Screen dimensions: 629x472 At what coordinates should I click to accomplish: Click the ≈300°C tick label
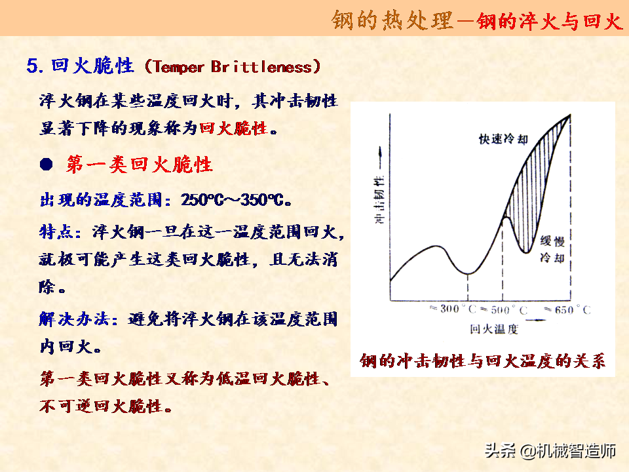(x=453, y=309)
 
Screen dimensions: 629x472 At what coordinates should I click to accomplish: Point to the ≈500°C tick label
(x=504, y=310)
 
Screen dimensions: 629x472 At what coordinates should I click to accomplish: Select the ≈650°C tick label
(x=567, y=310)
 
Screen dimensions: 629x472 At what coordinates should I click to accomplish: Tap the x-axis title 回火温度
(x=494, y=329)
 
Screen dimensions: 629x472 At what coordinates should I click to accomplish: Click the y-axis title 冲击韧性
(x=379, y=199)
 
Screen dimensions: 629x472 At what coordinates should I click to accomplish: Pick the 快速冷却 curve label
(x=503, y=139)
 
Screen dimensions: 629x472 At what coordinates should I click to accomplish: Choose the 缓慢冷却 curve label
(x=552, y=249)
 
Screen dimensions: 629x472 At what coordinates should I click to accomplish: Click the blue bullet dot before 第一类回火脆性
(x=47, y=164)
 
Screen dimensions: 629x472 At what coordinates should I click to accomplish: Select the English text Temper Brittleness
(x=232, y=67)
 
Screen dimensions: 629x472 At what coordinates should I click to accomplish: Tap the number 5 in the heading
(x=33, y=66)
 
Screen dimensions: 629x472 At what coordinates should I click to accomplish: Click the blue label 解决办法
(x=74, y=319)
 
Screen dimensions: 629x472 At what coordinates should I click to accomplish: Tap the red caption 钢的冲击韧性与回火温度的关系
(x=483, y=361)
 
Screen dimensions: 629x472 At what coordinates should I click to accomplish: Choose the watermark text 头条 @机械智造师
(x=550, y=451)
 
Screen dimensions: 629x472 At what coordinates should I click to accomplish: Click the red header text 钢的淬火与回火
(x=549, y=20)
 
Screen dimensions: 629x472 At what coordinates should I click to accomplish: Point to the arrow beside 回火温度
(x=535, y=321)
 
